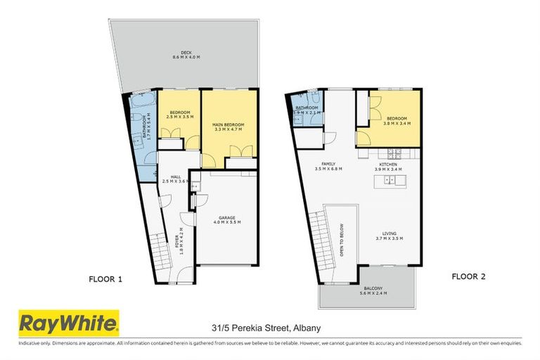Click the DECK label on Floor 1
click(186, 54)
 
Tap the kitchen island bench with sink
click(390, 181)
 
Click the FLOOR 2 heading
click(468, 276)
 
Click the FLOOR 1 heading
click(105, 279)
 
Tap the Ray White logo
click(68, 324)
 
